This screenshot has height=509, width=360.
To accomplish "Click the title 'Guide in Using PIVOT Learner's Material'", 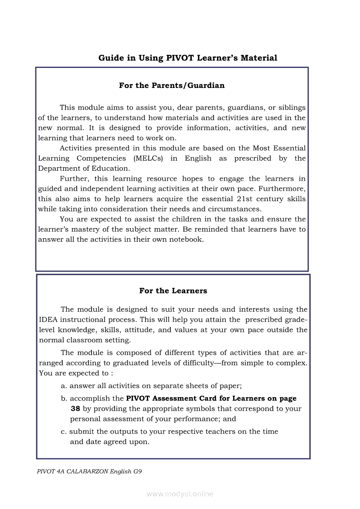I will point(187,58).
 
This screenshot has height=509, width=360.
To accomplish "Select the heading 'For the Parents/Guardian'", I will point(172,85).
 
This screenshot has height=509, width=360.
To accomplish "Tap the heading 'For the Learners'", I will point(173,290).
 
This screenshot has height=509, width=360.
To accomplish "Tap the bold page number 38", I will point(75,409).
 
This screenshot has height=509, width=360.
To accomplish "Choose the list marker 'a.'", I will point(64,386).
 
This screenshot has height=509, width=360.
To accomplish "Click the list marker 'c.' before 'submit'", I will point(64,431).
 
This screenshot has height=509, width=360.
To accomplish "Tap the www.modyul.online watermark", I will point(180,494).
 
